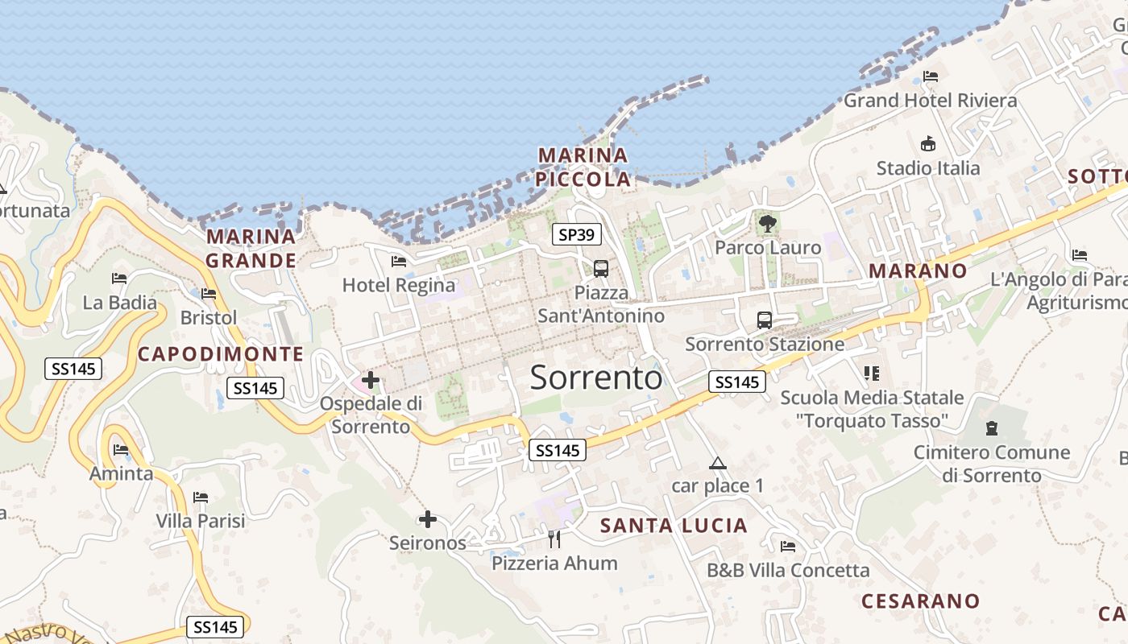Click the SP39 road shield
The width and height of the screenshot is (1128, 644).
(577, 235)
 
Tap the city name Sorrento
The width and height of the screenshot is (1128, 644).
(596, 378)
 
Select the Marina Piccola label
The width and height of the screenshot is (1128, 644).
(584, 167)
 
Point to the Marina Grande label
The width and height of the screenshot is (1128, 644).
(251, 249)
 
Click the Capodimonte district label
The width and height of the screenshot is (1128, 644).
(221, 354)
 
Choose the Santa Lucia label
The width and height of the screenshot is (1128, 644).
(674, 526)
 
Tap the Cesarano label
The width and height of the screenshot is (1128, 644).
(920, 601)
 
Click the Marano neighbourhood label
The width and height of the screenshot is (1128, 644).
(918, 271)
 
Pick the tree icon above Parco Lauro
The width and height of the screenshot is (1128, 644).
(767, 223)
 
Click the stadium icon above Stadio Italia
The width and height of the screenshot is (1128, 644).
(928, 144)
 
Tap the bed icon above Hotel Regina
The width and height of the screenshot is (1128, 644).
(399, 261)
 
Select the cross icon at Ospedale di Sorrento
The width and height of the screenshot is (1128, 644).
(371, 380)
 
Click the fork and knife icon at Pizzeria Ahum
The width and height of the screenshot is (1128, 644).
(554, 539)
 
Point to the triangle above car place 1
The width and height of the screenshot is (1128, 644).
(717, 463)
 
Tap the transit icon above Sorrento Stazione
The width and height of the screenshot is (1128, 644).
(764, 320)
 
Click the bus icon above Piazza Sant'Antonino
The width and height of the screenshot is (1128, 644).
(600, 269)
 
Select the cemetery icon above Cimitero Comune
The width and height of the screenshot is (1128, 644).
(991, 428)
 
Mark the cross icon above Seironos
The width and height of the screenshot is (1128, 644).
(428, 519)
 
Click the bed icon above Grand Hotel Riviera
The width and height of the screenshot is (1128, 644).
(931, 77)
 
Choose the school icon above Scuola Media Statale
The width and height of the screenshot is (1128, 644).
(871, 374)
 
